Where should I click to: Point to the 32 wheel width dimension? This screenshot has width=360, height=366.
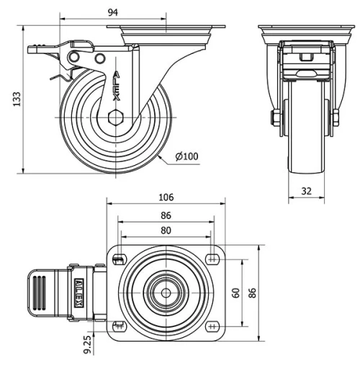click(305, 192)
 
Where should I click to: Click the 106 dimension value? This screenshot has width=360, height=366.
click(166, 197)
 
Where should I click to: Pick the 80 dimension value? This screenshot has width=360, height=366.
click(166, 231)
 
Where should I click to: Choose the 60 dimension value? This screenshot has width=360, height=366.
click(235, 293)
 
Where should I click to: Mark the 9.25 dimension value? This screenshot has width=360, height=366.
click(87, 345)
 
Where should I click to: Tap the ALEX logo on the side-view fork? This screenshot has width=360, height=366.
click(115, 85)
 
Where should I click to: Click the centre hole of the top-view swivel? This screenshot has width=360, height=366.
click(166, 293)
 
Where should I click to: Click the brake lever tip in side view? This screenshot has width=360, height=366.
click(34, 50)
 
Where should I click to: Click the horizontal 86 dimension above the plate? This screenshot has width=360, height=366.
click(166, 215)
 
